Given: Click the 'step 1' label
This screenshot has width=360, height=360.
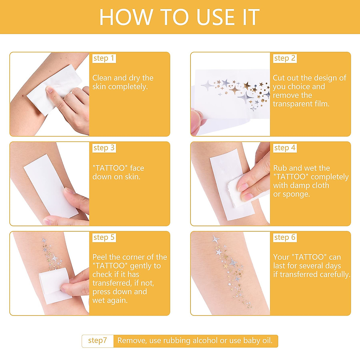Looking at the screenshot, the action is pyautogui.click(x=104, y=58).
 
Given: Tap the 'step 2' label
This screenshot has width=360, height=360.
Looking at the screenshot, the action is pyautogui.click(x=285, y=58).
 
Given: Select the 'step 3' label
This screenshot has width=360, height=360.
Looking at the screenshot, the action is pyautogui.click(x=104, y=148).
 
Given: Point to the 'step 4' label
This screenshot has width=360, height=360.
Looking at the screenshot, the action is pyautogui.click(x=285, y=148).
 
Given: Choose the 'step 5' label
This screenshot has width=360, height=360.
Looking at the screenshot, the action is pyautogui.click(x=104, y=238).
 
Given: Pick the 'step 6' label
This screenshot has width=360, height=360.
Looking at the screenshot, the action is pyautogui.click(x=285, y=238).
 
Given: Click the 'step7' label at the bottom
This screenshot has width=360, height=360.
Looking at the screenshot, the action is pyautogui.click(x=97, y=340).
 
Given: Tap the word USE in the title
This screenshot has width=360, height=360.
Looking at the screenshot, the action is pyautogui.click(x=215, y=17).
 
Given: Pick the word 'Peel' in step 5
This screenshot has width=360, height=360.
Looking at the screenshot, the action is pyautogui.click(x=100, y=257).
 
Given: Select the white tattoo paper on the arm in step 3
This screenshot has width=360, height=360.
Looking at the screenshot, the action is pyautogui.click(x=51, y=186).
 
